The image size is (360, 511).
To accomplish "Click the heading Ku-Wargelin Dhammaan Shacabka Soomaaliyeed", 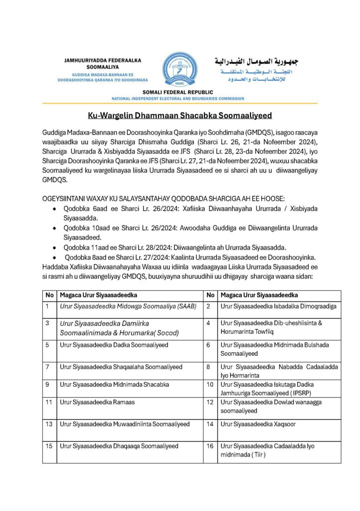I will click(180, 116).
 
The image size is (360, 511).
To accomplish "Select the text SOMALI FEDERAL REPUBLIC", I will click(178, 92).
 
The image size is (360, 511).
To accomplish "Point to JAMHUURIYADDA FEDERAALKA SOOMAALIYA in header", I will click(103, 63).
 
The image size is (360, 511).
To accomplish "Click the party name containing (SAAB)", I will click(128, 306).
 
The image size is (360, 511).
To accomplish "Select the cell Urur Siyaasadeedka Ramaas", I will click(97, 402).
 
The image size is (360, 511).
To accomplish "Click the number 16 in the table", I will click(210, 446).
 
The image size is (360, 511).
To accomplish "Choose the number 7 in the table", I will click(48, 367).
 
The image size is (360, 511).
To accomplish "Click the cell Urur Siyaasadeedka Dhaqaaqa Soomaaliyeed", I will click(119, 446).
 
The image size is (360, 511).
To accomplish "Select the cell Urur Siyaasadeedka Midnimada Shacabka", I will click(114, 384).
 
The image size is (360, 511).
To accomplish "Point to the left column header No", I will click(49, 295).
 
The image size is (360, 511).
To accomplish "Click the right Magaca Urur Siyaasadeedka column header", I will click(259, 295).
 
